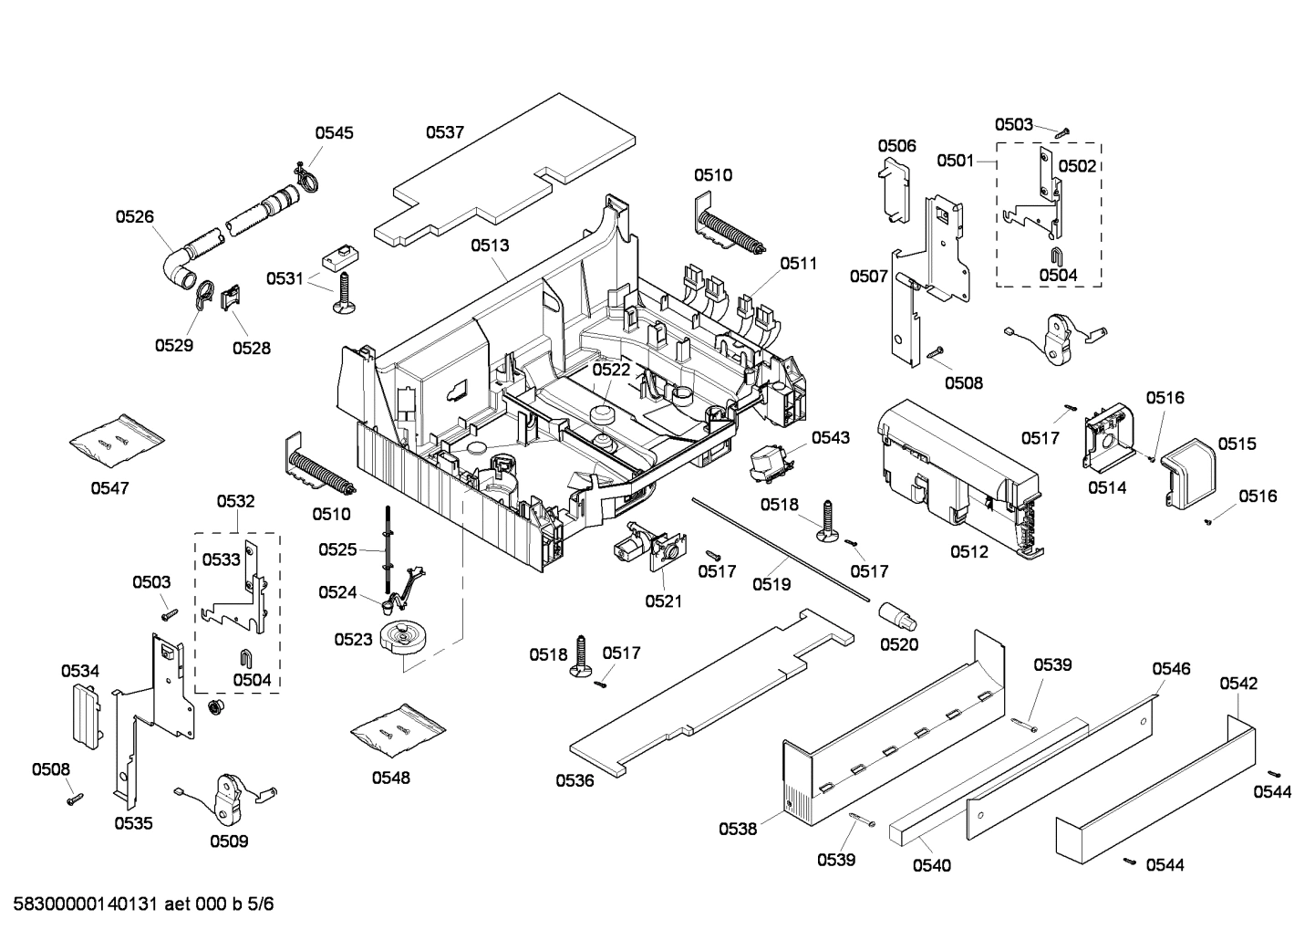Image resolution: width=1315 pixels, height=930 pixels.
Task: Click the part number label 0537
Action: (445, 132)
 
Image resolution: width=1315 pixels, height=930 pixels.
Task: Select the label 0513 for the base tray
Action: (490, 245)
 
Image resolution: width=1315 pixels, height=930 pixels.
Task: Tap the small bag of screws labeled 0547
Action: (117, 440)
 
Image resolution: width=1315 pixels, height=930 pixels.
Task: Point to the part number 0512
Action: (968, 551)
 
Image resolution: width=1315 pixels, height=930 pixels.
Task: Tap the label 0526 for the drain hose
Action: (134, 216)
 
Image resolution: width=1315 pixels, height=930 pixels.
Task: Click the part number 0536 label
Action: (575, 780)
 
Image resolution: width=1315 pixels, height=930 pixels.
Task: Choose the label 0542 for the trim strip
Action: (1238, 683)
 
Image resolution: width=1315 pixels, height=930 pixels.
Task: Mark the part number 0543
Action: (830, 437)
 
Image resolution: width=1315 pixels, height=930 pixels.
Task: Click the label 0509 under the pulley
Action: (228, 841)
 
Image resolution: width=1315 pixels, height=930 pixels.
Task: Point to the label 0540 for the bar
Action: (931, 865)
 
